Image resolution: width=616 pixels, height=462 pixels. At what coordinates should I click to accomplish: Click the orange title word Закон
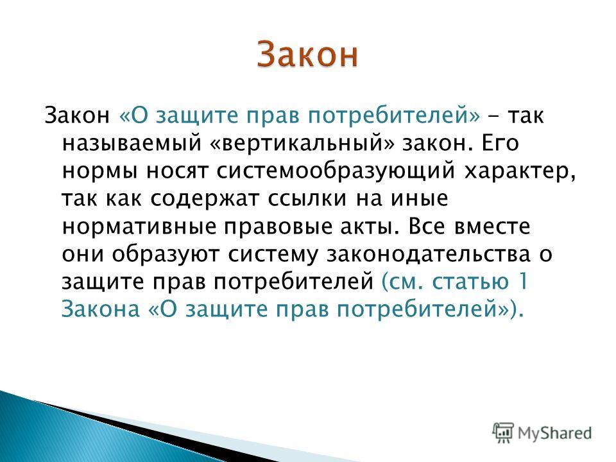(307, 55)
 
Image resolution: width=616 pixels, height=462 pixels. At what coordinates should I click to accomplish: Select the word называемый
(132, 144)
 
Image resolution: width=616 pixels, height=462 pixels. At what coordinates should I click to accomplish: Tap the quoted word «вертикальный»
(302, 144)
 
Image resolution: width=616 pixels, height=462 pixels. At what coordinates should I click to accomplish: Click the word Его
(500, 143)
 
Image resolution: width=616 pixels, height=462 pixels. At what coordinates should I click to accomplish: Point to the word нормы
(100, 172)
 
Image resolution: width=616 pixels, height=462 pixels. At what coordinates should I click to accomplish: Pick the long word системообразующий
(336, 171)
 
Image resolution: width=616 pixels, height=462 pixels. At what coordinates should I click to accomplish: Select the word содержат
(204, 199)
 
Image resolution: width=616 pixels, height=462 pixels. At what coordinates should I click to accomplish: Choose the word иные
(419, 199)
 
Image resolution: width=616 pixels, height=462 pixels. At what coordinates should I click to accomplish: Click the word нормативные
(139, 227)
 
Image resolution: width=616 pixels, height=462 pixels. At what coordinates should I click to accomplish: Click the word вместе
(492, 227)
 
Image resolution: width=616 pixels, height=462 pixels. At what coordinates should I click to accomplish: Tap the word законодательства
(428, 255)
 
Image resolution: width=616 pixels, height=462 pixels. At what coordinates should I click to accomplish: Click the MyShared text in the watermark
(554, 433)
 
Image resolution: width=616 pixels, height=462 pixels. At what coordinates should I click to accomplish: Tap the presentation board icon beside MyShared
(502, 432)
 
